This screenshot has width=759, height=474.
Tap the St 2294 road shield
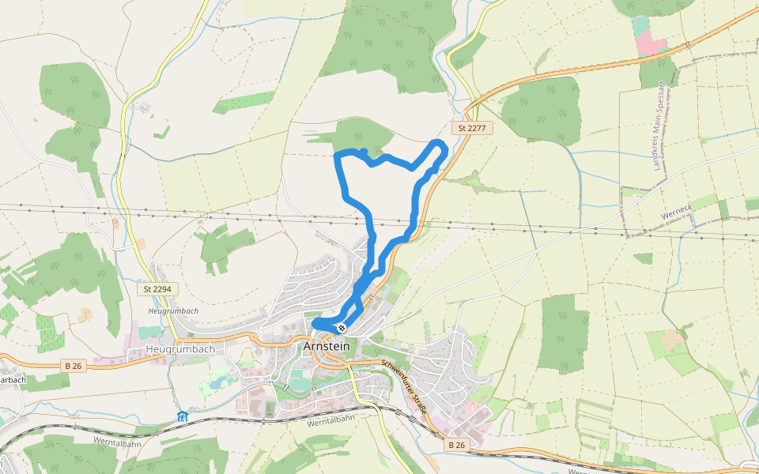(x=157, y=290)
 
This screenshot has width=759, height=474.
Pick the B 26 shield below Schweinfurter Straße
(x=457, y=445)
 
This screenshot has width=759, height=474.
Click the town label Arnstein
(x=327, y=347)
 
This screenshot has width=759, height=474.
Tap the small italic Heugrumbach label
(x=172, y=310)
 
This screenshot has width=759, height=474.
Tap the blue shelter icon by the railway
(x=183, y=416)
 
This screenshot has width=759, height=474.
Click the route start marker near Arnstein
(x=342, y=327)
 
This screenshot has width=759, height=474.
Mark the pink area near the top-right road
(x=651, y=43)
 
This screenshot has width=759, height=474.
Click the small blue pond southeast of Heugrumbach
(x=211, y=385)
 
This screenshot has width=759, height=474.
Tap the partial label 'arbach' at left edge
(x=13, y=379)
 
